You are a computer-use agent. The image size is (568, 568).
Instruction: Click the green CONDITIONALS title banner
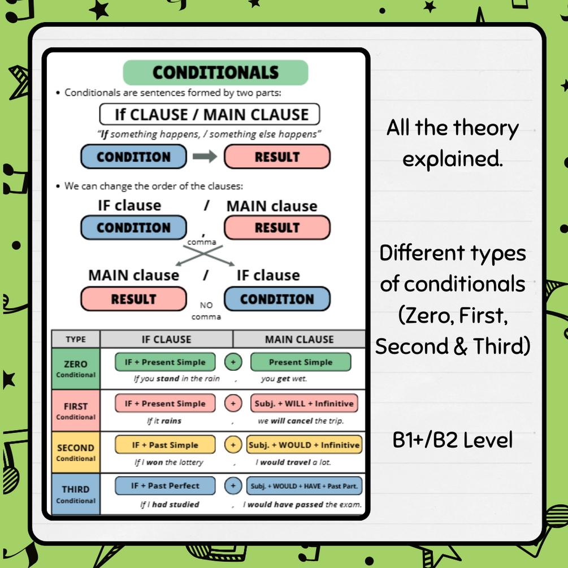tap(215, 73)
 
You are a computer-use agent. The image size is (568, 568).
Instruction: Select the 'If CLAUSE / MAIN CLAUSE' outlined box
tap(210, 114)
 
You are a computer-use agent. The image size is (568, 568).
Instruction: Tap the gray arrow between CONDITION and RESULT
tap(205, 157)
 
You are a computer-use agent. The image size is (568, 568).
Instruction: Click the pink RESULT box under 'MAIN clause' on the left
tap(133, 299)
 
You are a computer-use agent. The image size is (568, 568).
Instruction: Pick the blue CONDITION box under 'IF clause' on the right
tap(277, 299)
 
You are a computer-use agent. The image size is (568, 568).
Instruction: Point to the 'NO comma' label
tap(206, 311)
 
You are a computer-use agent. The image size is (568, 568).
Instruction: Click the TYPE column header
tap(76, 339)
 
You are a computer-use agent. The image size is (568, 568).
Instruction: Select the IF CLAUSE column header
tap(166, 339)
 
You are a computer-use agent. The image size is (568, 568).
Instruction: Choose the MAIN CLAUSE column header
tap(299, 339)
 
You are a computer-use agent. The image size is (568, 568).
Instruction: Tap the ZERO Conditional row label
tap(76, 368)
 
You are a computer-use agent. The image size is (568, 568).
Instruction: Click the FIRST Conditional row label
tap(76, 410)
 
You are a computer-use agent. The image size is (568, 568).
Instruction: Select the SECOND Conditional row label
tap(76, 452)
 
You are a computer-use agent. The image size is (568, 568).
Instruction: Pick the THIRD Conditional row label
tap(76, 494)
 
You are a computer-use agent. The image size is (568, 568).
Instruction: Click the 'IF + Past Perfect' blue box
tap(165, 486)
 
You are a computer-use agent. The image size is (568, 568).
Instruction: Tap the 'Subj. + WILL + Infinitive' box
tap(304, 404)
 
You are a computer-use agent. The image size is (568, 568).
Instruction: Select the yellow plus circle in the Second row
tap(232, 445)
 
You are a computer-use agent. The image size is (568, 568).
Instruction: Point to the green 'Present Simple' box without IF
tap(300, 362)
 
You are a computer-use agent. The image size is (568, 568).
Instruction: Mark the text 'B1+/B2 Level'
tap(453, 440)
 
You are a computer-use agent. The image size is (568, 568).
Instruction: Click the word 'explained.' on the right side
tap(452, 159)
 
